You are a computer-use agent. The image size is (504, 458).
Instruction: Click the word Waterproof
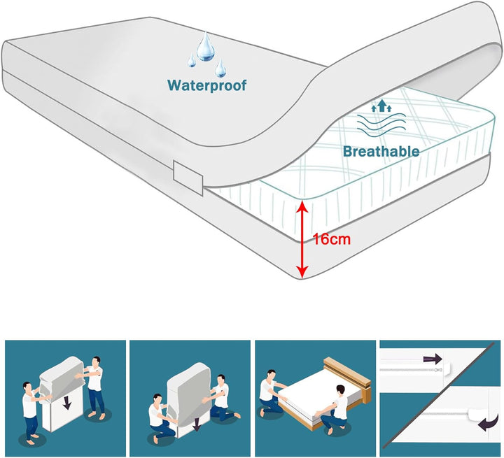tap(206, 86)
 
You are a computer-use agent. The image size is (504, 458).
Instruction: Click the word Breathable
tap(381, 151)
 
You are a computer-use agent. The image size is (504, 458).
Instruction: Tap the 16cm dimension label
tap(332, 239)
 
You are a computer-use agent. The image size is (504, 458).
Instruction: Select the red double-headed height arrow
tap(302, 239)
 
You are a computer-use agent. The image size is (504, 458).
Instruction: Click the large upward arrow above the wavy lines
tap(381, 106)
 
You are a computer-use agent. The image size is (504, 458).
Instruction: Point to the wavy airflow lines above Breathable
tap(381, 124)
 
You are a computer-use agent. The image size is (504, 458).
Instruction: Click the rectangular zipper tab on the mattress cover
tap(188, 178)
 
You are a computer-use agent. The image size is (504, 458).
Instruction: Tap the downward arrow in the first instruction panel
tap(67, 403)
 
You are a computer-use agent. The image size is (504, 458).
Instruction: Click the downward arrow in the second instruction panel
tap(197, 424)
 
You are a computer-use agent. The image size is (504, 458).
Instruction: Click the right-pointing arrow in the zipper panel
tap(433, 359)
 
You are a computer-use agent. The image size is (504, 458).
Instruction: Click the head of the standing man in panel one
tap(96, 362)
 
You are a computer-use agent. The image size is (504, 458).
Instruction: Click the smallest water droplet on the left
tap(192, 60)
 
